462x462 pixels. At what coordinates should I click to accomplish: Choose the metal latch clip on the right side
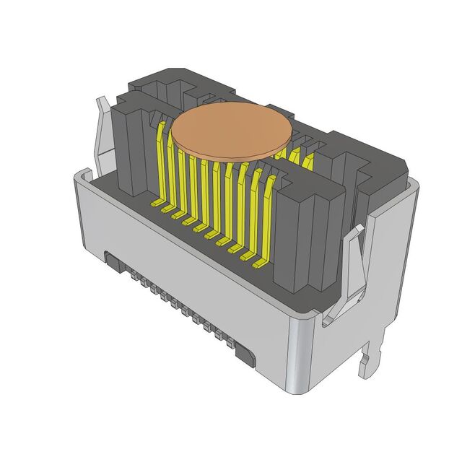tap(352, 267)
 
